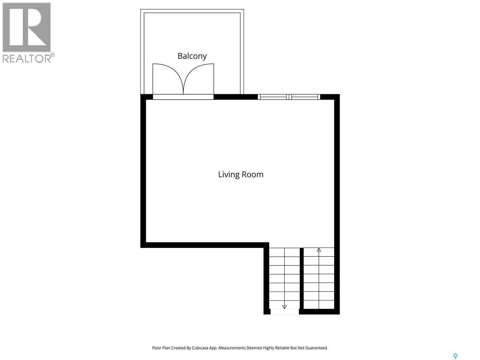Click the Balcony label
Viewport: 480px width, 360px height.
coord(192,56)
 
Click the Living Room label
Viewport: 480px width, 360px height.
coord(241,175)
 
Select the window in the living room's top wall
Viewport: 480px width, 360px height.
coord(289,97)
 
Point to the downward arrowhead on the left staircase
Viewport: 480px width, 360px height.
coord(284,307)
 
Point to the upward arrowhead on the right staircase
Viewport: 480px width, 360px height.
coord(319,250)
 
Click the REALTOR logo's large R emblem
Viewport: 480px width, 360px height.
coord(26,27)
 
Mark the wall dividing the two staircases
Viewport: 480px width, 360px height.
coord(301,278)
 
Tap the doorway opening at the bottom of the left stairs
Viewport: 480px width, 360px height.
coord(284,312)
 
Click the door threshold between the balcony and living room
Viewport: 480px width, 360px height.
coord(183,97)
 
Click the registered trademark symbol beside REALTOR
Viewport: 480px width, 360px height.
coord(53,55)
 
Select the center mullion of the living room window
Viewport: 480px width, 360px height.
coord(289,97)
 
